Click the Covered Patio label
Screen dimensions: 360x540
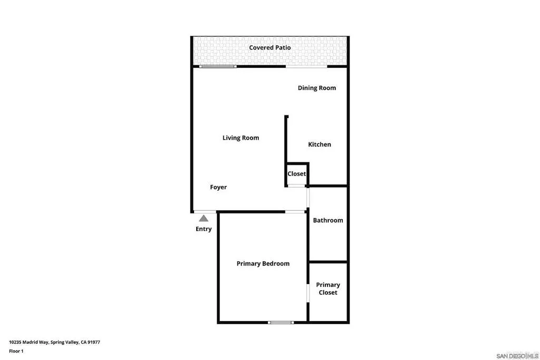pos(269,47)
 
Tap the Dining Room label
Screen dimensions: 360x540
pos(316,88)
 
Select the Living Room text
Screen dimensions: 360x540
pos(240,138)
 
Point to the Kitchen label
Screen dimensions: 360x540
pos(320,144)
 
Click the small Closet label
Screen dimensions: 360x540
pos(296,174)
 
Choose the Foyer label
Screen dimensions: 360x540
pos(218,187)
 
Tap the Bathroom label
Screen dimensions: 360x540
pos(328,220)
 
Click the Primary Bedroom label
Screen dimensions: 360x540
pos(263,264)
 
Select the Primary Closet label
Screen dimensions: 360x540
pos(328,288)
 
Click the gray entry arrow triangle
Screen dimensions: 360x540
pos(204,218)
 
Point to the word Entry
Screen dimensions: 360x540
pos(204,229)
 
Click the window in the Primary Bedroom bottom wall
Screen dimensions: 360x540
pos(281,322)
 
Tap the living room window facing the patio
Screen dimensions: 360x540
pos(217,66)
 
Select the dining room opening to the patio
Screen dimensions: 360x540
pos(306,66)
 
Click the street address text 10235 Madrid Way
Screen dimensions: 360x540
pos(29,342)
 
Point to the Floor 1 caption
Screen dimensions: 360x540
pos(16,351)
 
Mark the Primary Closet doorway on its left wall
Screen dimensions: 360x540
pos(308,293)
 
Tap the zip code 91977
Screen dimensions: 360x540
pos(93,342)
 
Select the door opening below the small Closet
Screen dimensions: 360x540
pos(296,186)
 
